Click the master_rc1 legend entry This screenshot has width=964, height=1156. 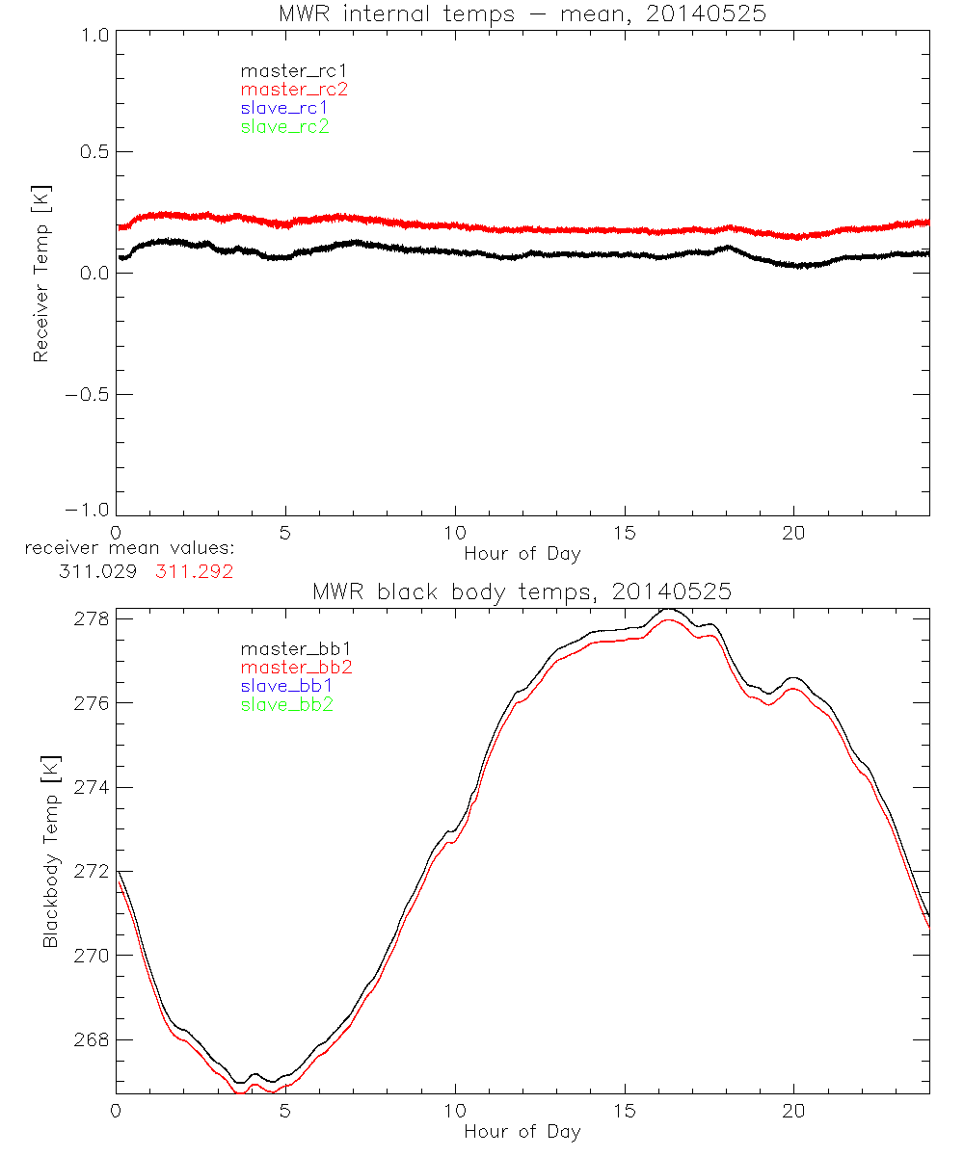[285, 70]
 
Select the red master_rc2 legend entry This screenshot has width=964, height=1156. [294, 90]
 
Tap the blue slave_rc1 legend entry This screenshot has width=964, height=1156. [284, 108]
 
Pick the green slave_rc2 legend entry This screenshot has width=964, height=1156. [284, 126]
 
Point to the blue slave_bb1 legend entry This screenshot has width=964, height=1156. [288, 686]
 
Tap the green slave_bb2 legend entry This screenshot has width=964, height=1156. [288, 704]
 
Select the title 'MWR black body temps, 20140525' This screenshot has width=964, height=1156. [522, 591]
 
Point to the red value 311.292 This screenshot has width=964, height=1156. [195, 571]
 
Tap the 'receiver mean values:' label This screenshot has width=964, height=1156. [129, 548]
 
